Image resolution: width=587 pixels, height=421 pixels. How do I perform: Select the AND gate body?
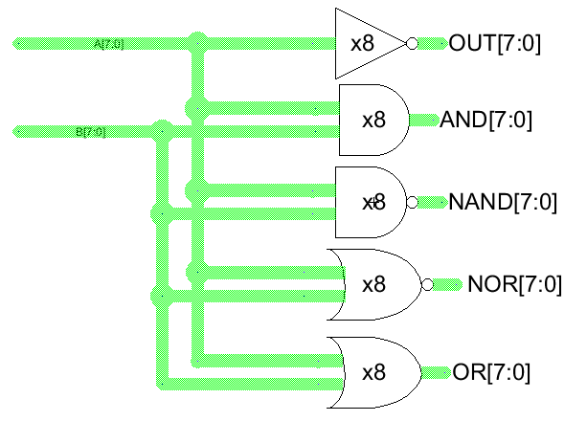[x=373, y=121]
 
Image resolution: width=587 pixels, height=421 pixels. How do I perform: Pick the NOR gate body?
[x=373, y=284]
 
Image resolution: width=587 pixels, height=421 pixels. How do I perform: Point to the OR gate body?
[x=373, y=371]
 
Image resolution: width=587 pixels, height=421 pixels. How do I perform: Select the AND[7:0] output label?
[x=485, y=121]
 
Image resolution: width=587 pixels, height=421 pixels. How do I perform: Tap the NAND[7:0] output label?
[x=503, y=202]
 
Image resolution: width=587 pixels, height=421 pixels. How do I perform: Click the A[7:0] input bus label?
[x=108, y=44]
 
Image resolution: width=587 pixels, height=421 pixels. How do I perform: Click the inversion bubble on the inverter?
[x=413, y=44]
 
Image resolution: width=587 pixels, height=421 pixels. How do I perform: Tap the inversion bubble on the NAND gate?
[x=413, y=202]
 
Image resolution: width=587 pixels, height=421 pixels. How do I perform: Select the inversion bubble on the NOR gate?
[x=428, y=284]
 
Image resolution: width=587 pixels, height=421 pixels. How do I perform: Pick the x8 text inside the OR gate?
[x=373, y=371]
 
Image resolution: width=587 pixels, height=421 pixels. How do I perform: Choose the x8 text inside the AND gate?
[x=373, y=121]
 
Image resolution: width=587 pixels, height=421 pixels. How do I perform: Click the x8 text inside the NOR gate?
[x=373, y=284]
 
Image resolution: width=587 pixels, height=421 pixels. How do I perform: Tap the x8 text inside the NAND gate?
[x=373, y=202]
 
